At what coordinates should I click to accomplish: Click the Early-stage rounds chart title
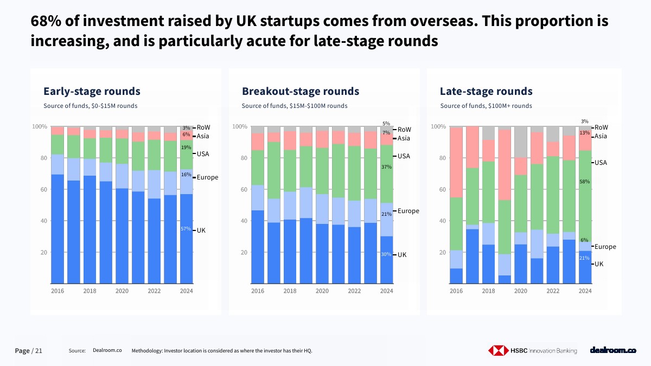[x=92, y=91]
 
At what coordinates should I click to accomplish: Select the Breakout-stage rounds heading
[x=301, y=91]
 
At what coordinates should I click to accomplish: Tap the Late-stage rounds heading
[x=486, y=91]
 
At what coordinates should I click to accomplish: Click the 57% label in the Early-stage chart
[x=186, y=229]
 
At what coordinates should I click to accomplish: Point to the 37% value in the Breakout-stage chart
[x=386, y=167]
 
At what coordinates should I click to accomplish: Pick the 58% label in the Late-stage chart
[x=584, y=182]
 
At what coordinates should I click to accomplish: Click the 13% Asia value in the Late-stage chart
[x=584, y=133]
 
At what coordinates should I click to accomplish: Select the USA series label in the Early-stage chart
[x=203, y=154]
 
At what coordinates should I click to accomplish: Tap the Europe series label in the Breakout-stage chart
[x=408, y=211]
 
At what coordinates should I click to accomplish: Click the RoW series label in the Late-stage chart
[x=601, y=127]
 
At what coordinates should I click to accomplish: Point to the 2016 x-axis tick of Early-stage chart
[x=58, y=291]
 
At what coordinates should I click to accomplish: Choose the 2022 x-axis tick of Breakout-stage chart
[x=354, y=291]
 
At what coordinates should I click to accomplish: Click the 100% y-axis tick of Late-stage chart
[x=438, y=127]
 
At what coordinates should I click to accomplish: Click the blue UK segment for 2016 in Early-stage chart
[x=58, y=228]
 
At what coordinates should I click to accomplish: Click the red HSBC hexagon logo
[x=497, y=351]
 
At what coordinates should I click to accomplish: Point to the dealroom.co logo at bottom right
[x=613, y=351]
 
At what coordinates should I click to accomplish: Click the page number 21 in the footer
[x=39, y=351]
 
